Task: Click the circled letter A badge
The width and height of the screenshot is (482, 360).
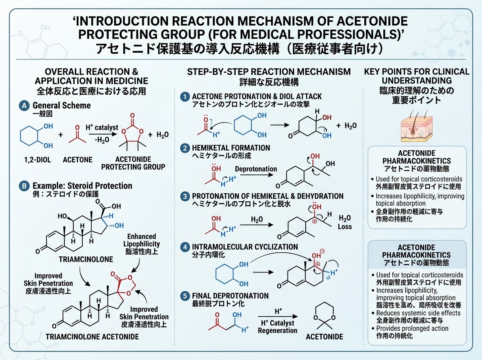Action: (24, 106)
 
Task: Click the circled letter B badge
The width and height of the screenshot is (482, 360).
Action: (24, 186)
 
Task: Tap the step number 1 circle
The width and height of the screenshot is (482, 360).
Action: (185, 97)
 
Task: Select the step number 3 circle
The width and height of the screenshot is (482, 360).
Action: (185, 196)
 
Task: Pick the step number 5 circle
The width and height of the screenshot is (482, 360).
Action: (185, 296)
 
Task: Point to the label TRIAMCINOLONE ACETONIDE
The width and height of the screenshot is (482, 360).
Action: (92, 337)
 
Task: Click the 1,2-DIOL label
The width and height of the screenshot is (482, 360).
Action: (37, 160)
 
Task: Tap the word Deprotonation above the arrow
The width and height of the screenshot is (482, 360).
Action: (256, 169)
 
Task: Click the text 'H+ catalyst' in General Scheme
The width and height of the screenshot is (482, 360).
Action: (102, 127)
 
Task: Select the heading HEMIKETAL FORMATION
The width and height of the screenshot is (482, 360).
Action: (231, 148)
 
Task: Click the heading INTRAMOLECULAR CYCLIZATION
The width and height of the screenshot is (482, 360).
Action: (245, 247)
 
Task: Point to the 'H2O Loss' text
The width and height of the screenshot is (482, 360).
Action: (345, 222)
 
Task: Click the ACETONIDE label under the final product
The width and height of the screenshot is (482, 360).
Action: (324, 337)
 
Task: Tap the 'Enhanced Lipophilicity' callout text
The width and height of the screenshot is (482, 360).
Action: (142, 240)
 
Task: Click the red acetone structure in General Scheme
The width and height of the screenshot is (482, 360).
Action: (77, 135)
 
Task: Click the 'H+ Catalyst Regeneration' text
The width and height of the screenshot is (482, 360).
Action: (278, 327)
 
